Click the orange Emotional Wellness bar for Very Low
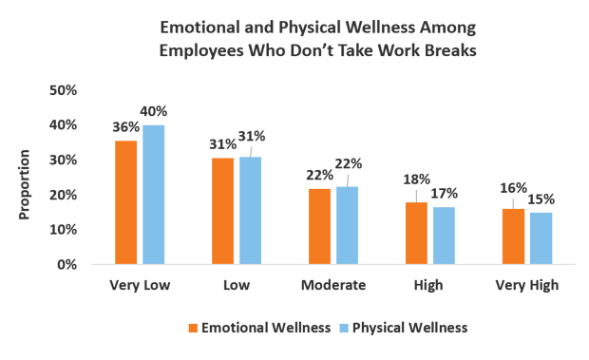[126, 201]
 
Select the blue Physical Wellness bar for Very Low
[153, 194]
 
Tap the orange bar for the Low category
[223, 210]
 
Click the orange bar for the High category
[416, 233]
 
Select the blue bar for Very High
[541, 237]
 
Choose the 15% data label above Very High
[541, 199]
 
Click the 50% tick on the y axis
[63, 90]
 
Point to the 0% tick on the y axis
[66, 264]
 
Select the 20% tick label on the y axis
[63, 195]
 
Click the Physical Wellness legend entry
[409, 328]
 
